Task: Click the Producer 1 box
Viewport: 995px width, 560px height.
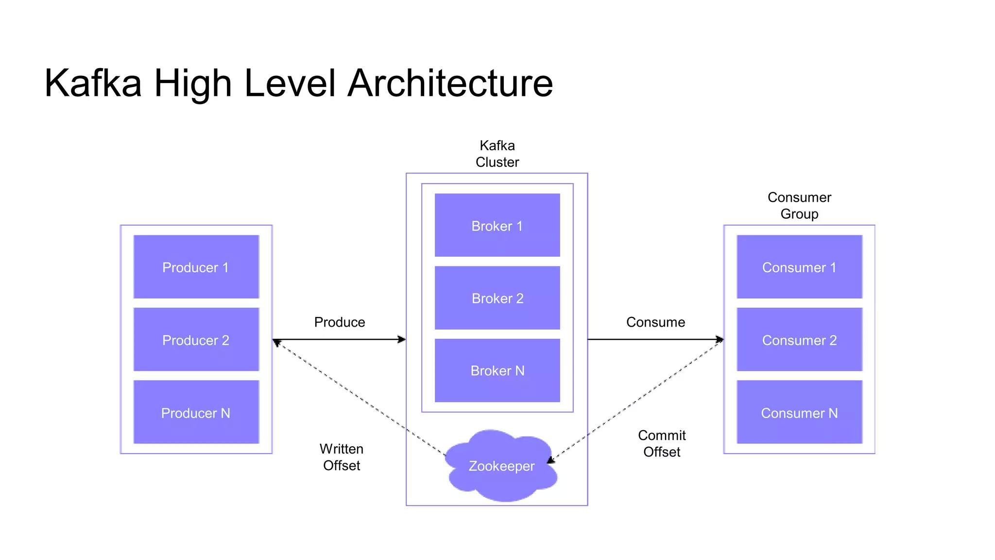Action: tap(196, 267)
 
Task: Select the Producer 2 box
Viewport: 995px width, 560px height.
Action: tap(196, 339)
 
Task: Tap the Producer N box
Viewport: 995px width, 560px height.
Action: tap(196, 412)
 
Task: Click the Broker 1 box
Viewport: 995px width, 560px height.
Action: tap(497, 225)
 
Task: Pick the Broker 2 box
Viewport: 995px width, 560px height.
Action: tap(497, 297)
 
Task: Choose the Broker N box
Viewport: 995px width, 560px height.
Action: tap(497, 370)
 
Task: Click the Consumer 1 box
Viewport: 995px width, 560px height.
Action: tap(799, 267)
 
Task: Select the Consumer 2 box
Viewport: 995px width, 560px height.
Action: tap(799, 339)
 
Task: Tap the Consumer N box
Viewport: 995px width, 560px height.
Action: tap(799, 412)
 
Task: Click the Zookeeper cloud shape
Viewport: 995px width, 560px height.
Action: tap(501, 466)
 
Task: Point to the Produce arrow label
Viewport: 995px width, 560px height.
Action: tap(339, 322)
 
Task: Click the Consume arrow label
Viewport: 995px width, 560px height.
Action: tap(655, 322)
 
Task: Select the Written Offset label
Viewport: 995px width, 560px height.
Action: tap(342, 457)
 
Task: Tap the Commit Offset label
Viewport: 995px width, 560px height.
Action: tap(662, 443)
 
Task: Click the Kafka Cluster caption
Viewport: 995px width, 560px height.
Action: tap(497, 154)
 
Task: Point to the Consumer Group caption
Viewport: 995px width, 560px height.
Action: tap(799, 206)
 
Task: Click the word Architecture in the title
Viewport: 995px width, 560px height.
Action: tap(450, 83)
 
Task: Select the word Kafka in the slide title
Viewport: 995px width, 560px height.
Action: tap(93, 83)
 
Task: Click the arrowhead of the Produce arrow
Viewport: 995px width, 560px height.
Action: tap(402, 339)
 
